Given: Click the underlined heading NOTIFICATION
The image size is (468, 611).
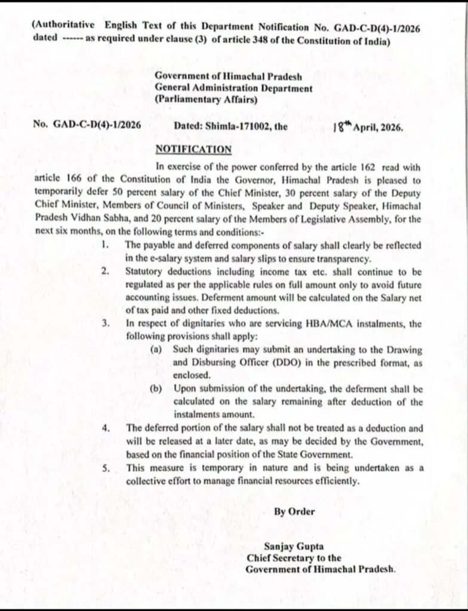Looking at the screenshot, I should point(193,149).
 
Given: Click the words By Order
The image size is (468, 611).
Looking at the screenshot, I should point(294,511).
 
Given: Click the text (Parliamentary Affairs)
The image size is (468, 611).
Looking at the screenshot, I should point(206,100).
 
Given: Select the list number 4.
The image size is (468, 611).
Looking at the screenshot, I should point(104,428).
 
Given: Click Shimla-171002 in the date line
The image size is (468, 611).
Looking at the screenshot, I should point(234,126).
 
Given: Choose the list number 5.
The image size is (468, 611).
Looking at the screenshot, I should point(104,468).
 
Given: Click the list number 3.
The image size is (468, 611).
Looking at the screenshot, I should point(104,323).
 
